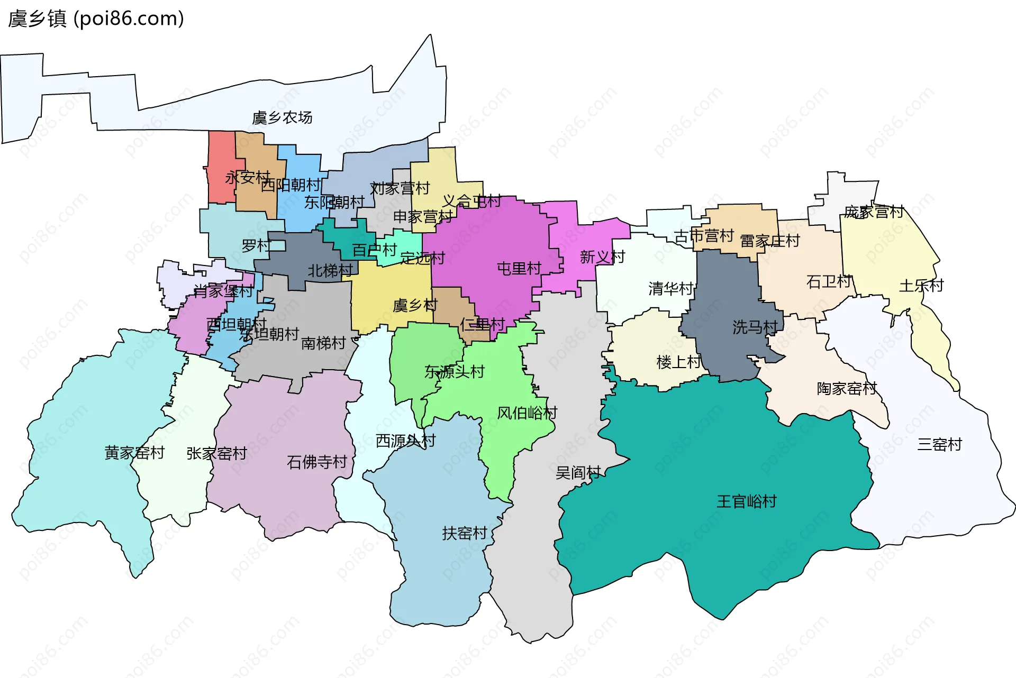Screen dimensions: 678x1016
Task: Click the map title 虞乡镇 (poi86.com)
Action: point(96,19)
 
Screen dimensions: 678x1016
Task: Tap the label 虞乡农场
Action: point(282,117)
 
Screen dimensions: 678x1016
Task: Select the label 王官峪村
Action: point(746,501)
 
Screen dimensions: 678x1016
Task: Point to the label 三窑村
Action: point(939,444)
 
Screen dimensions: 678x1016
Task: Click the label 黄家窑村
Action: point(134,453)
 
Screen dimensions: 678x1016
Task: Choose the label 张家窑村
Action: point(216,453)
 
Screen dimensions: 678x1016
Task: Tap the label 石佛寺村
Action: point(316,462)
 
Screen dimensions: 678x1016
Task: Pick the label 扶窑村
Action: point(464,533)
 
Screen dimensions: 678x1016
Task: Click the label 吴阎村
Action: point(578,472)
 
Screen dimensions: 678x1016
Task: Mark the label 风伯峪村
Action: point(527,413)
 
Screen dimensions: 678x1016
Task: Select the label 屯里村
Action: point(519,269)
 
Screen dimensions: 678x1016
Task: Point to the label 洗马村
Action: point(755,327)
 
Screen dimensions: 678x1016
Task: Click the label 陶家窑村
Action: point(847,389)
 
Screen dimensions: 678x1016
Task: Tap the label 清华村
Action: point(670,288)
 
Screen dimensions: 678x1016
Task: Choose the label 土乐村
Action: point(921,286)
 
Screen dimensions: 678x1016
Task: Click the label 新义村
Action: point(602,257)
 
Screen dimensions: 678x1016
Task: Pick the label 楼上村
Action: point(678,362)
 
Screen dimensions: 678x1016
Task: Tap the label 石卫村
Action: point(829,281)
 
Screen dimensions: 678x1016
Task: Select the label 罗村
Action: point(256,245)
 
